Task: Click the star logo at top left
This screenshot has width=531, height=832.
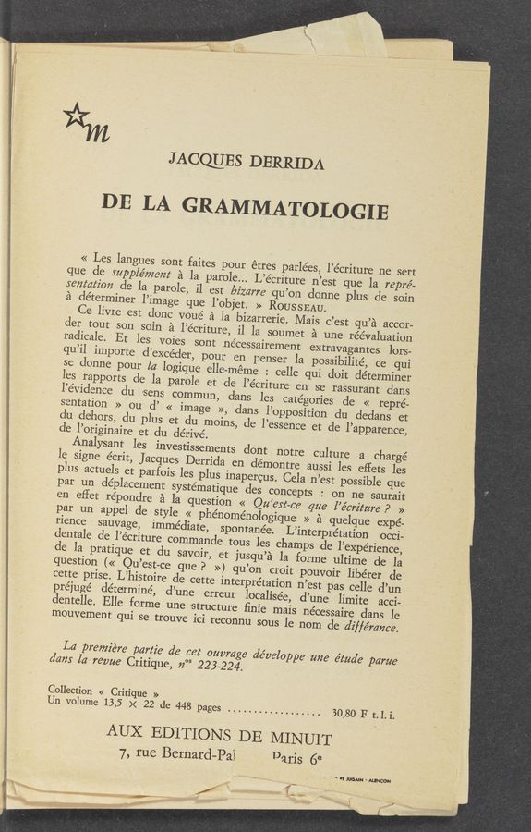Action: [x=77, y=116]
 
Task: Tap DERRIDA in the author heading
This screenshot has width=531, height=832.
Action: [x=288, y=164]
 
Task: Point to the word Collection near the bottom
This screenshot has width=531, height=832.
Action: [x=70, y=690]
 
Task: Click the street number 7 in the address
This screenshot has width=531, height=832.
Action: [x=124, y=752]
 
